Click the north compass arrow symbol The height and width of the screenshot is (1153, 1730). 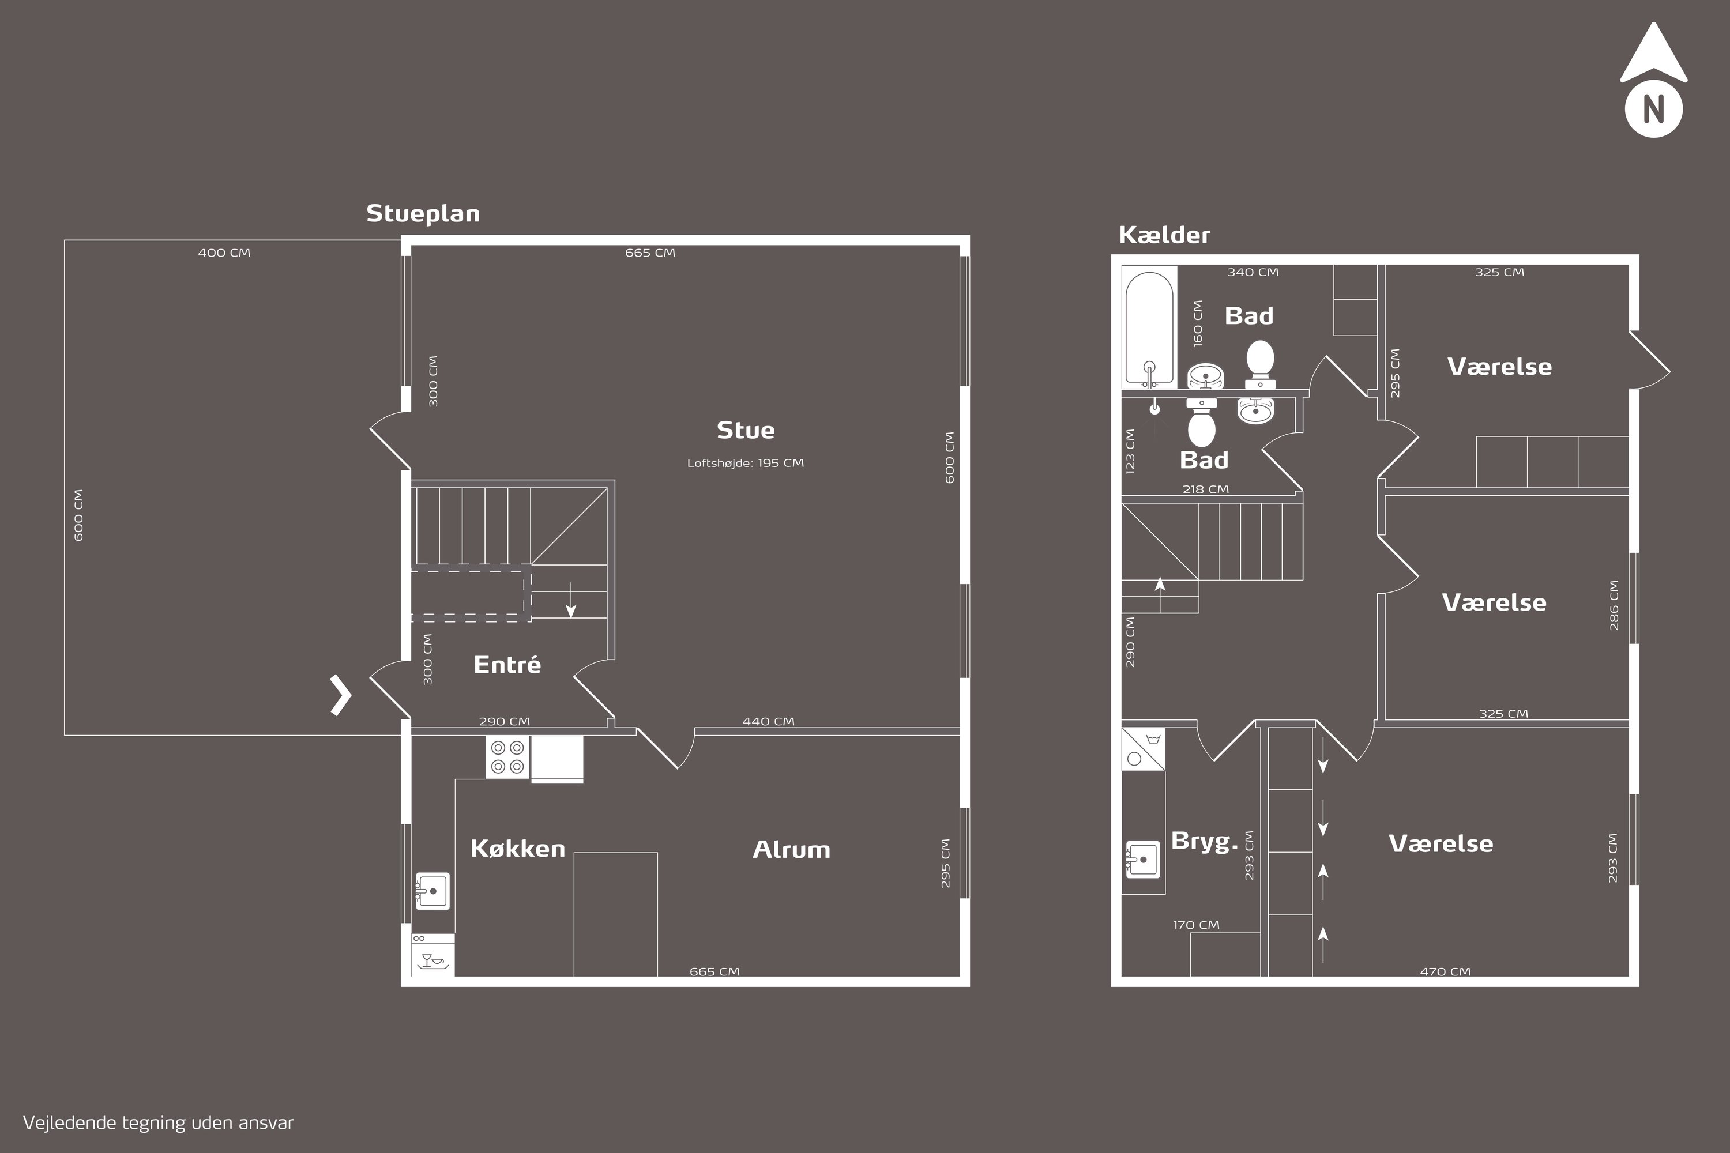pyautogui.click(x=1653, y=80)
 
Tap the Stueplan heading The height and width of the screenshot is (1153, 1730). pyautogui.click(x=423, y=214)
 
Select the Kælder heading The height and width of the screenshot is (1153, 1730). pyautogui.click(x=1164, y=235)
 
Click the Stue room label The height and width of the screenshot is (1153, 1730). pyautogui.click(x=745, y=430)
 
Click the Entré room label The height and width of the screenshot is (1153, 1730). pyautogui.click(x=507, y=665)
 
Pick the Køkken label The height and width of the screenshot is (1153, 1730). pyautogui.click(x=518, y=849)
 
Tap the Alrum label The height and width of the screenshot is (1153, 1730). pyautogui.click(x=791, y=850)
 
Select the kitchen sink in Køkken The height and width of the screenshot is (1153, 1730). pyautogui.click(x=432, y=891)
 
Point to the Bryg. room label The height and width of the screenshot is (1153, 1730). pyautogui.click(x=1204, y=841)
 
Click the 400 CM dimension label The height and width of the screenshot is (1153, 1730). pyautogui.click(x=224, y=253)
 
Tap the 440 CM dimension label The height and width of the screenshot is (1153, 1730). pyautogui.click(x=769, y=721)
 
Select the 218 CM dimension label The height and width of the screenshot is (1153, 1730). pyautogui.click(x=1206, y=489)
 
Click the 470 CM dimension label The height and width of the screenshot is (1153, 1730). pyautogui.click(x=1445, y=971)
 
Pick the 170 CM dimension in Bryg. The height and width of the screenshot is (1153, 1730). pyautogui.click(x=1196, y=925)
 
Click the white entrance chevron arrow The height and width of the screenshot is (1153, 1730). pyautogui.click(x=341, y=695)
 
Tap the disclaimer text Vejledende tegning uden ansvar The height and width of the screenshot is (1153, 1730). pyautogui.click(x=158, y=1124)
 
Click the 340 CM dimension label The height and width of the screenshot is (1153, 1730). pyautogui.click(x=1253, y=272)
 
